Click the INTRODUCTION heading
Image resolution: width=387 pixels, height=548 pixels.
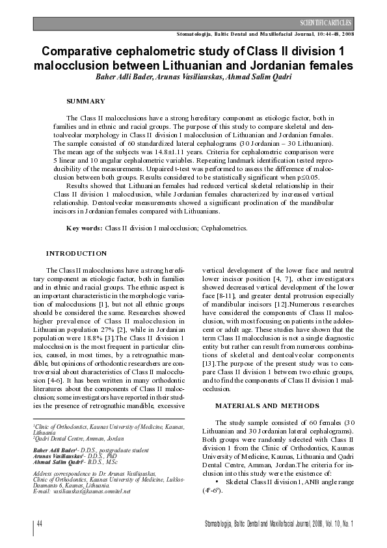click(76, 253)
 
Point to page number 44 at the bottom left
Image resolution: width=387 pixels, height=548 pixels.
click(40, 524)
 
